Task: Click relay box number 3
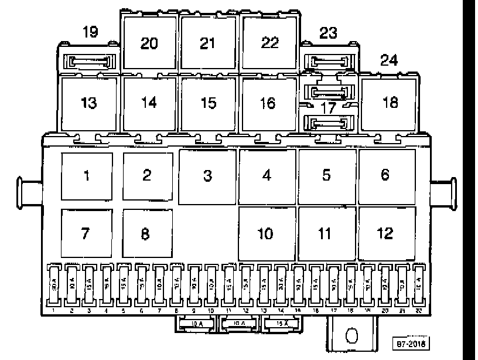coord(207,176)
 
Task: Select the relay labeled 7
coord(86,233)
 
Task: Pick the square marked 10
coord(265,233)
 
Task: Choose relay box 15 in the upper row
coord(209,103)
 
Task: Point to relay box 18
coord(390,103)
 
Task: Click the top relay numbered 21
coord(208,43)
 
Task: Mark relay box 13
coord(88,103)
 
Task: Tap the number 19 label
coord(90,32)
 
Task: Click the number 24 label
coord(388,60)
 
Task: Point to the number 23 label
coord(328,33)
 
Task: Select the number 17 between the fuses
coord(329,107)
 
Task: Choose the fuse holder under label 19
coord(90,61)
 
